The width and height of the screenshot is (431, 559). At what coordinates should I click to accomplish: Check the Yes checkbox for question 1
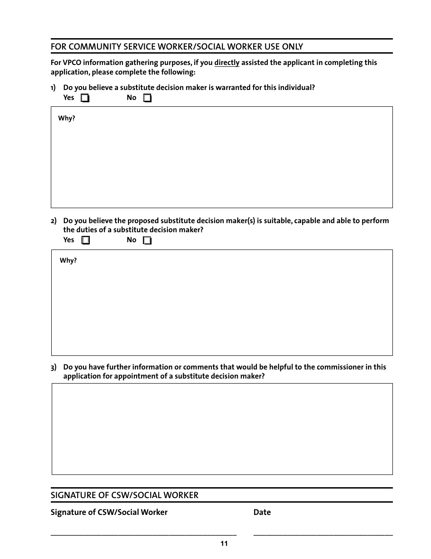[x=85, y=98]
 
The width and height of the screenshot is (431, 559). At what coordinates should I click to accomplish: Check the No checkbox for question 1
[x=147, y=98]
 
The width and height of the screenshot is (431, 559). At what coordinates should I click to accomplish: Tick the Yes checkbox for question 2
[x=85, y=240]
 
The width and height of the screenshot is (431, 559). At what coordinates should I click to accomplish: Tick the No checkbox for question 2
[x=147, y=240]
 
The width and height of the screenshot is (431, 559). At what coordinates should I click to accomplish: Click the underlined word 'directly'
[x=227, y=63]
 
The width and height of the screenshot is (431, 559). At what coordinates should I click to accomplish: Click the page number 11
[x=224, y=544]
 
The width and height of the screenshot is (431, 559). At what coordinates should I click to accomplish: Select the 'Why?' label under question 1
[x=67, y=118]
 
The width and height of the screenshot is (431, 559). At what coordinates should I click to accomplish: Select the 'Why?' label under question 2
[x=68, y=261]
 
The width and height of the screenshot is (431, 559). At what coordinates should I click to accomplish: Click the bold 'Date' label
[x=262, y=512]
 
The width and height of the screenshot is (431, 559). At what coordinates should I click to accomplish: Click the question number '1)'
[x=53, y=88]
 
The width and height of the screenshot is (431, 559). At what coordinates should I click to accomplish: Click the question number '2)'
[x=54, y=221]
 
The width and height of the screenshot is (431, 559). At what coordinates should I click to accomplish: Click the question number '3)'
[x=54, y=367]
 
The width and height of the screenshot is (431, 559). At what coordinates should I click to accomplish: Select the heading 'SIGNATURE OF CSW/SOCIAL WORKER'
[x=124, y=495]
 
